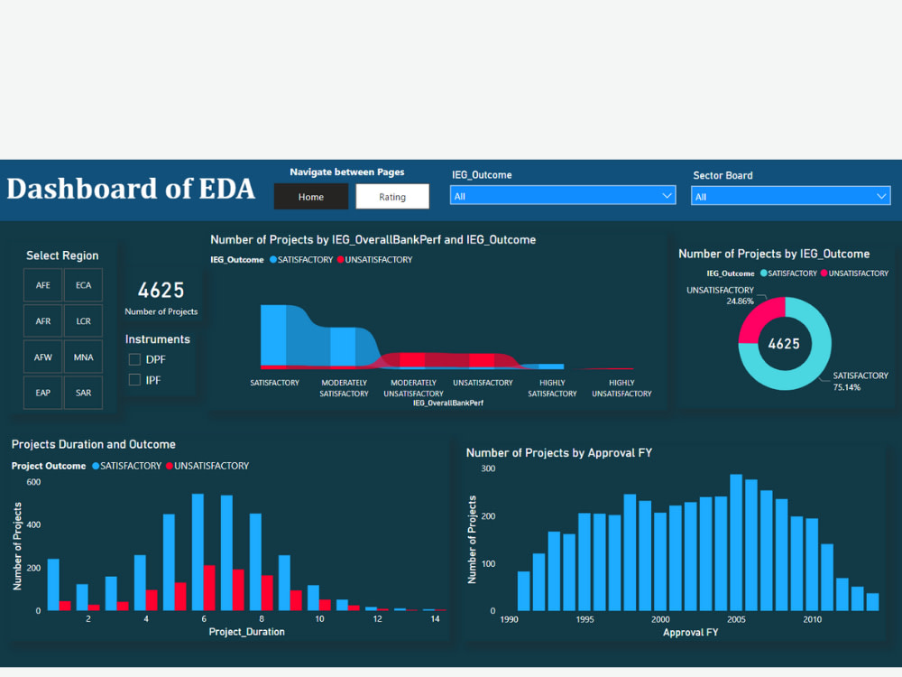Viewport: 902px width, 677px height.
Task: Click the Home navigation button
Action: [x=310, y=196]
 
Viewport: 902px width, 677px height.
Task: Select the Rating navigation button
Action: [x=391, y=196]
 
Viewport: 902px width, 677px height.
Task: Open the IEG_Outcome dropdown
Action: [x=563, y=196]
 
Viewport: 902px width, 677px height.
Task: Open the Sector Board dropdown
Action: [x=790, y=196]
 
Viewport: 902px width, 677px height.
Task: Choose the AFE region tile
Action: [x=43, y=285]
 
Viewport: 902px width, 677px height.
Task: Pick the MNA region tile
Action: [x=83, y=357]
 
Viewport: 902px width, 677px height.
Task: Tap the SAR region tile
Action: [x=83, y=393]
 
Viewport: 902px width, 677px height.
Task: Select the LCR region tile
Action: [x=83, y=321]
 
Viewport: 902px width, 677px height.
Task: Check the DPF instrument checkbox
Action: [x=135, y=359]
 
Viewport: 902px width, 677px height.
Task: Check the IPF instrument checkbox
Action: [x=135, y=380]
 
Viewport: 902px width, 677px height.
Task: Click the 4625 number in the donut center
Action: [x=784, y=344]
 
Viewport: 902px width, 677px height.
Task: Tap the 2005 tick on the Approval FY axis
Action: [x=736, y=619]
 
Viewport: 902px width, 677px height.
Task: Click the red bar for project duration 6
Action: [x=209, y=588]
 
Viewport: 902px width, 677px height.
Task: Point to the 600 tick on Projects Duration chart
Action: [x=32, y=482]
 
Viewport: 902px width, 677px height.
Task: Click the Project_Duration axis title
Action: [x=246, y=632]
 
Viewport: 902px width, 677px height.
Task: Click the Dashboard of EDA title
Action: [x=131, y=189]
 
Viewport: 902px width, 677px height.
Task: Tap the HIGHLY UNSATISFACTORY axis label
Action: [x=621, y=388]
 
